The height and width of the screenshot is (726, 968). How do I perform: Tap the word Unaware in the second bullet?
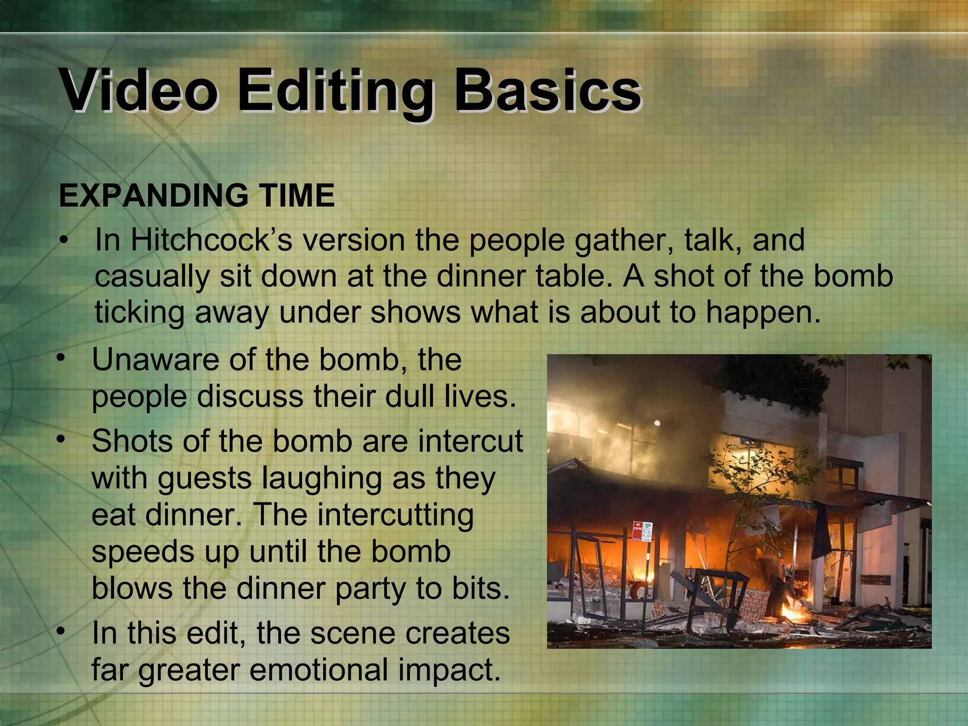click(156, 360)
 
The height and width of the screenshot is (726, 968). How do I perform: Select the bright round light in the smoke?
click(657, 422)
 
